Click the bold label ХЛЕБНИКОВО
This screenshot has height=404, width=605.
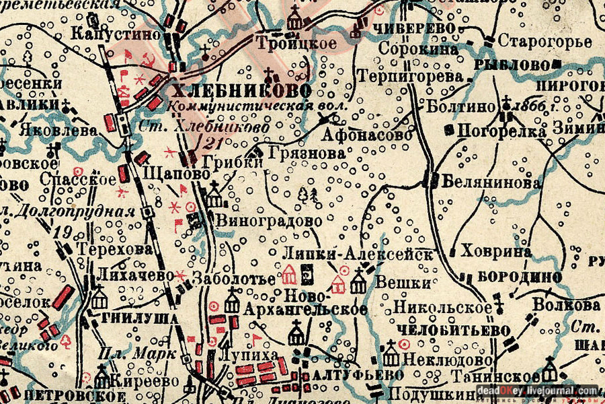coord(241,91)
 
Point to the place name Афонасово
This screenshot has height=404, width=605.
coord(366,135)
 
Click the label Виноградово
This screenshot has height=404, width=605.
coord(269,220)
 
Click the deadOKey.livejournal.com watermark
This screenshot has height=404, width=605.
coord(538,391)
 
